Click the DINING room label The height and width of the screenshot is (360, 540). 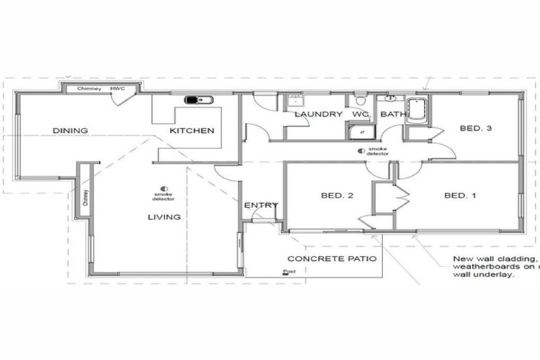pyautogui.click(x=70, y=130)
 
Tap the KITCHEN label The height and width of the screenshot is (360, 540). pyautogui.click(x=192, y=131)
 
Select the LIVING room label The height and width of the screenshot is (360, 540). pyautogui.click(x=164, y=217)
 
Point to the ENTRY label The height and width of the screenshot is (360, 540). pyautogui.click(x=261, y=205)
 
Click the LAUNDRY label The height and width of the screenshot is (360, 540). pyautogui.click(x=319, y=114)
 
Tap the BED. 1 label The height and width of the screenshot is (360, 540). pyautogui.click(x=460, y=195)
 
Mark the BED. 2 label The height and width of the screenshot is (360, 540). pyautogui.click(x=337, y=195)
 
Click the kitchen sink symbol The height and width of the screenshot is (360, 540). pyautogui.click(x=198, y=100)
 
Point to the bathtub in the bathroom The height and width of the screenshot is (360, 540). pyautogui.click(x=417, y=110)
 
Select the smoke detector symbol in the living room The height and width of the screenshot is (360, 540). pyautogui.click(x=164, y=188)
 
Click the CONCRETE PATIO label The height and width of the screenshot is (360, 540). pyautogui.click(x=332, y=258)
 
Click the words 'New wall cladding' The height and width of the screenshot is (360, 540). pyautogui.click(x=486, y=259)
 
